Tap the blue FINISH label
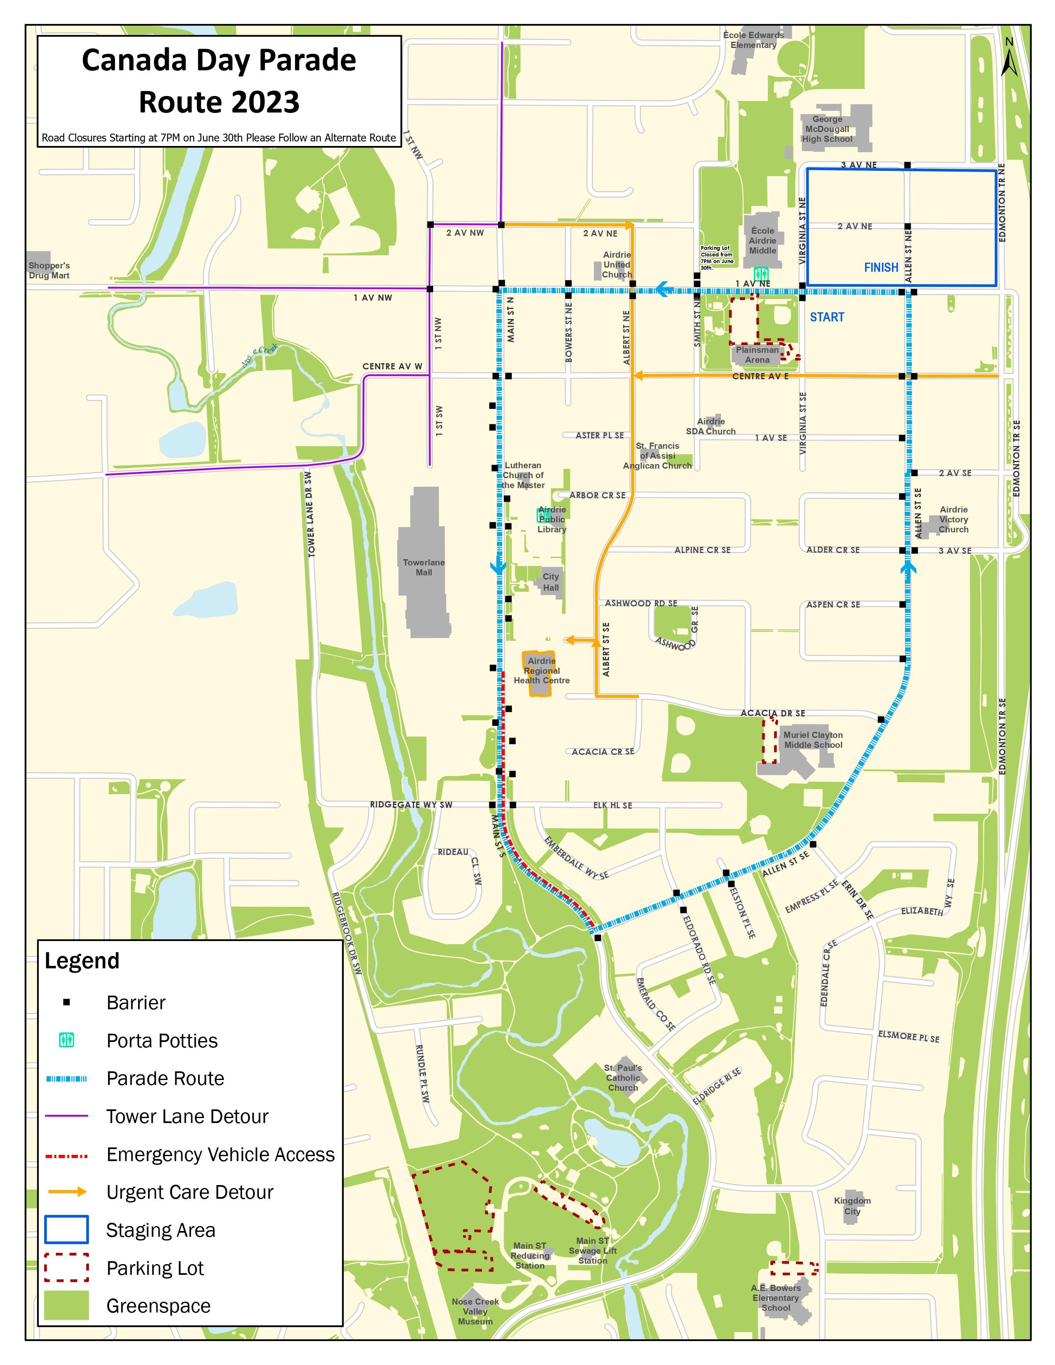click(881, 268)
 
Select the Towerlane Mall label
click(424, 568)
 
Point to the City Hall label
click(551, 582)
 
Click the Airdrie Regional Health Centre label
click(541, 671)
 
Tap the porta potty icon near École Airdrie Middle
click(760, 274)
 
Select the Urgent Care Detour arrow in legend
click(67, 1192)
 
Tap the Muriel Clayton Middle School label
click(813, 740)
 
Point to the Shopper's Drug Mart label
click(49, 271)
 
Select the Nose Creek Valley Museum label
click(475, 1311)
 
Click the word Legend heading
click(82, 960)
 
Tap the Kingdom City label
click(852, 1206)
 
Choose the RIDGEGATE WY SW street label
click(411, 805)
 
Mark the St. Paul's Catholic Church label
click(623, 1078)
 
